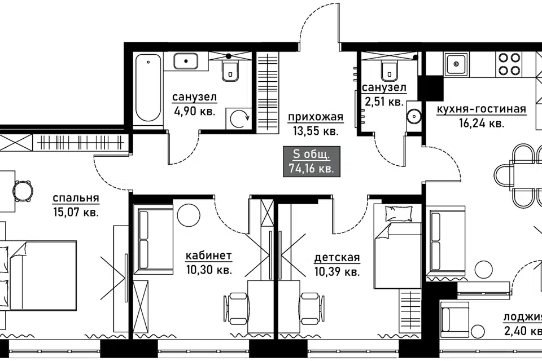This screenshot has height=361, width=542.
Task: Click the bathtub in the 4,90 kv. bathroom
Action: point(148,89)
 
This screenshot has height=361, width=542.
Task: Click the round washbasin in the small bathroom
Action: point(413,116)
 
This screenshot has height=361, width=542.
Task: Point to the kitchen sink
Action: point(457,64)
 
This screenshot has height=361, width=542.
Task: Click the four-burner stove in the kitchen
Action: point(509,64)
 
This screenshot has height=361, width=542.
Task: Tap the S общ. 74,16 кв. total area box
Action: point(312,161)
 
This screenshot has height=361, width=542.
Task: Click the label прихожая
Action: point(316,117)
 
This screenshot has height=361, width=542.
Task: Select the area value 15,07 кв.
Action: point(76,212)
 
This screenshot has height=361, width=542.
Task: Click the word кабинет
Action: point(209,256)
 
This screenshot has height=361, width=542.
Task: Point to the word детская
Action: point(337,258)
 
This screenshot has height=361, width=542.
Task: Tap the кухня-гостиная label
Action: point(481,109)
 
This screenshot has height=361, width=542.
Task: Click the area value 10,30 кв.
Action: point(209,270)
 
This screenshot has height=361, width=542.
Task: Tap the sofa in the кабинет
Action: point(153,240)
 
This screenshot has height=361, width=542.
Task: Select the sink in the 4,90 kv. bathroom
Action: point(186,61)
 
